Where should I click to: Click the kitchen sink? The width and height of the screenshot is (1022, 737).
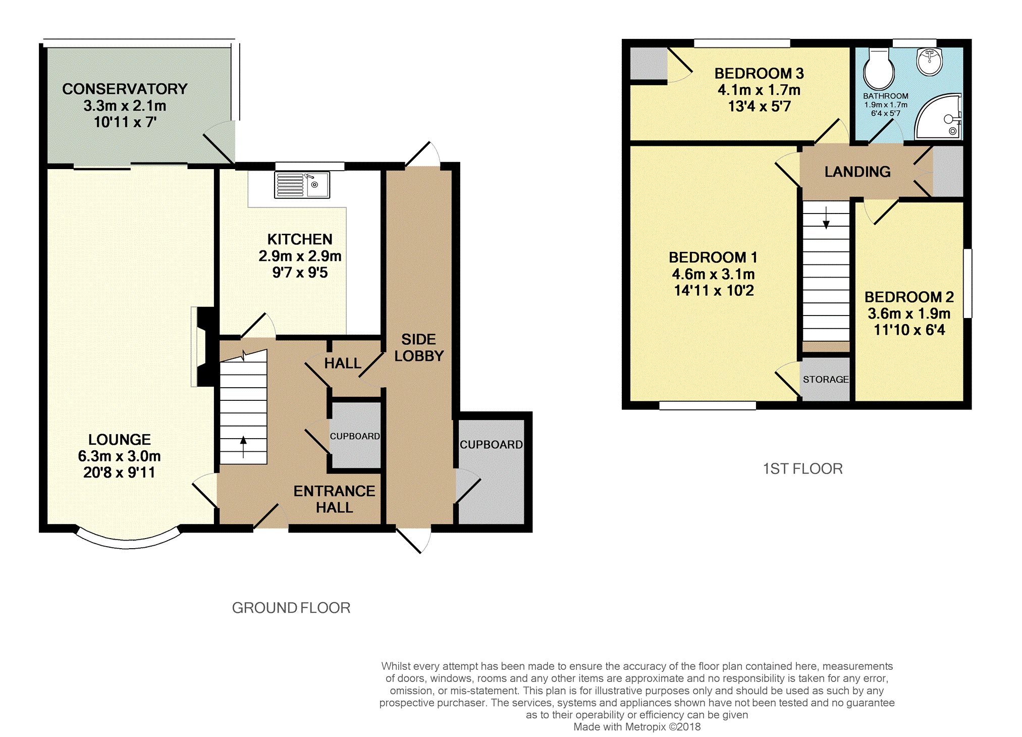pyautogui.click(x=302, y=185)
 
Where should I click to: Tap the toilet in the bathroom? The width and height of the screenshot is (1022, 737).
pyautogui.click(x=879, y=69)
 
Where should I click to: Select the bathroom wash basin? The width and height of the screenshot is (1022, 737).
pyautogui.click(x=930, y=62)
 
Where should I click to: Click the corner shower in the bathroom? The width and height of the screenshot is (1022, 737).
pyautogui.click(x=938, y=117)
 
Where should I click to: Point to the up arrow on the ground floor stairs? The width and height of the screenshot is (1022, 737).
pyautogui.click(x=243, y=447)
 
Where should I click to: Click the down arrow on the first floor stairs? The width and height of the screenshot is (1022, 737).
pyautogui.click(x=826, y=218)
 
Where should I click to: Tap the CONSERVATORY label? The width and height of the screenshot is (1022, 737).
pyautogui.click(x=125, y=89)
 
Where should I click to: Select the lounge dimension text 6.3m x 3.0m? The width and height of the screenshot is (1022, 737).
pyautogui.click(x=119, y=456)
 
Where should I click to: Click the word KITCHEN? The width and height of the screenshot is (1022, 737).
pyautogui.click(x=300, y=239)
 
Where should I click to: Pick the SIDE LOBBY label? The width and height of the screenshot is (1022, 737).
pyautogui.click(x=419, y=348)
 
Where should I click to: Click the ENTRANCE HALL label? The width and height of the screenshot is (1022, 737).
pyautogui.click(x=334, y=499)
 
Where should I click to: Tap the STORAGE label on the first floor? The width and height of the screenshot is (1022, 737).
pyautogui.click(x=826, y=380)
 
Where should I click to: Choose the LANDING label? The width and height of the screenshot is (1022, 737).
pyautogui.click(x=857, y=172)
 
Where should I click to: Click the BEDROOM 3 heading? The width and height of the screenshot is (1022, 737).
pyautogui.click(x=759, y=74)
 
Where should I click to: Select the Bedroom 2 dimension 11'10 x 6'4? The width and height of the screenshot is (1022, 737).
pyautogui.click(x=909, y=330)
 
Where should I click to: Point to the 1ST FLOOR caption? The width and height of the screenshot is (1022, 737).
pyautogui.click(x=802, y=469)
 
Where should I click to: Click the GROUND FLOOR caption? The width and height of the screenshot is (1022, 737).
pyautogui.click(x=291, y=608)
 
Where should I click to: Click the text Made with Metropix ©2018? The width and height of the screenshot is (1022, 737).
pyautogui.click(x=637, y=727)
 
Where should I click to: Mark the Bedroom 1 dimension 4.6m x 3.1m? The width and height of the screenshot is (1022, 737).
pyautogui.click(x=713, y=275)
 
